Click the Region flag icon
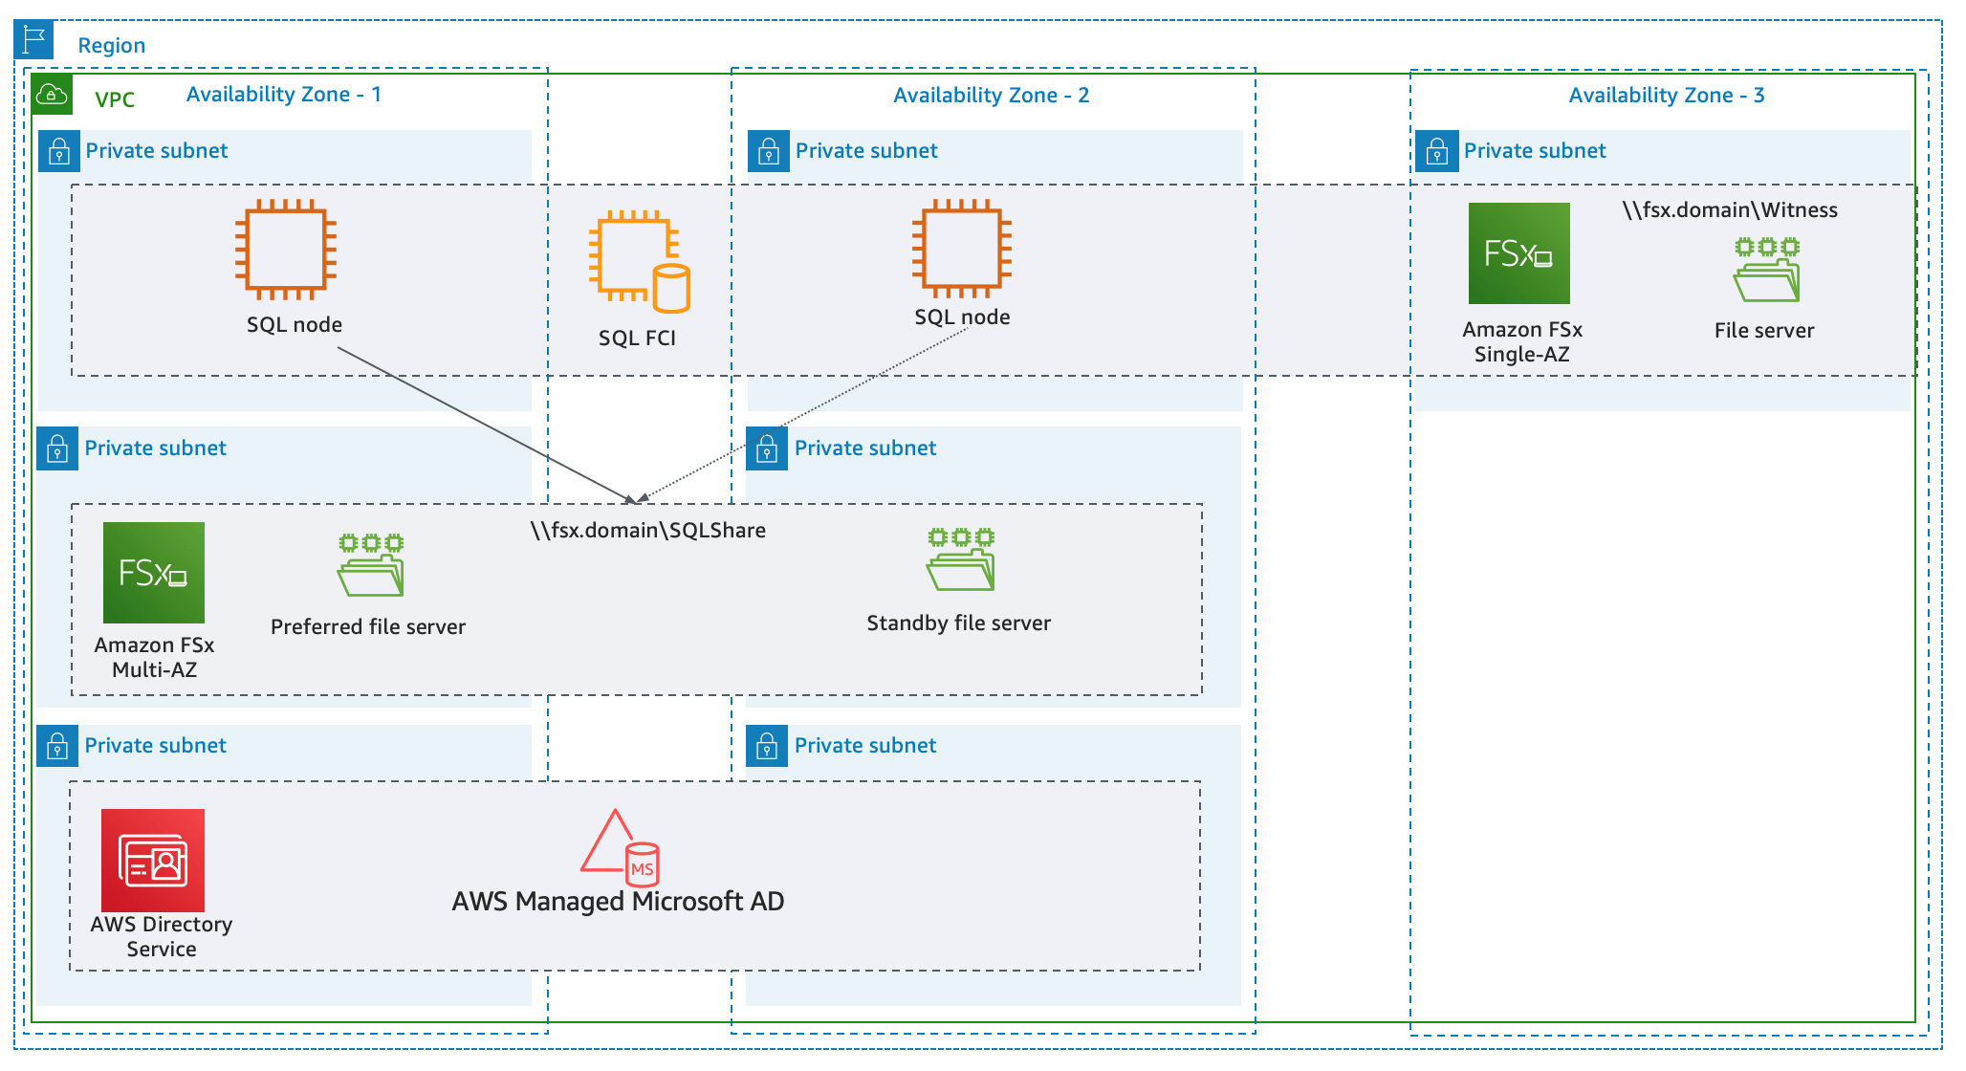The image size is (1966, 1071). click(34, 40)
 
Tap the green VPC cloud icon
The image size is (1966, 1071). click(52, 95)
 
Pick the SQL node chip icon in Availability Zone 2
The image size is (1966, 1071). click(962, 249)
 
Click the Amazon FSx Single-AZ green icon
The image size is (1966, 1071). click(1518, 253)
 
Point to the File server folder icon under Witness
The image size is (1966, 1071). click(1766, 271)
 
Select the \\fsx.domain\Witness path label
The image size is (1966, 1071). click(1729, 210)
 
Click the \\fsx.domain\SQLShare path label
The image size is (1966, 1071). click(648, 531)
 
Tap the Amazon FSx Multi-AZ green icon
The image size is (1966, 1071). click(154, 572)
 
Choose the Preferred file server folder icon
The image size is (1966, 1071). click(370, 565)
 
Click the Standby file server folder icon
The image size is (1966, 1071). click(960, 559)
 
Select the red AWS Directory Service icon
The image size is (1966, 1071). click(153, 860)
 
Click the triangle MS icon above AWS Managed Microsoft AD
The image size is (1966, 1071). click(619, 847)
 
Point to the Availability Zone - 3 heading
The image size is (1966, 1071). click(1666, 96)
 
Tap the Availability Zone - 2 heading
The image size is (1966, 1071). click(991, 96)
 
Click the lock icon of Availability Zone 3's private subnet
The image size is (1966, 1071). click(1436, 152)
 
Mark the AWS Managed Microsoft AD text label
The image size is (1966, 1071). click(618, 902)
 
